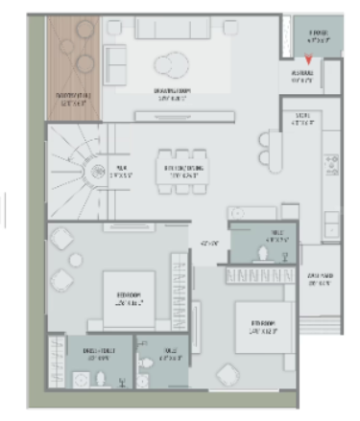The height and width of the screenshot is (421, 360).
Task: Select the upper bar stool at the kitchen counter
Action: pyautogui.click(x=264, y=138)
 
